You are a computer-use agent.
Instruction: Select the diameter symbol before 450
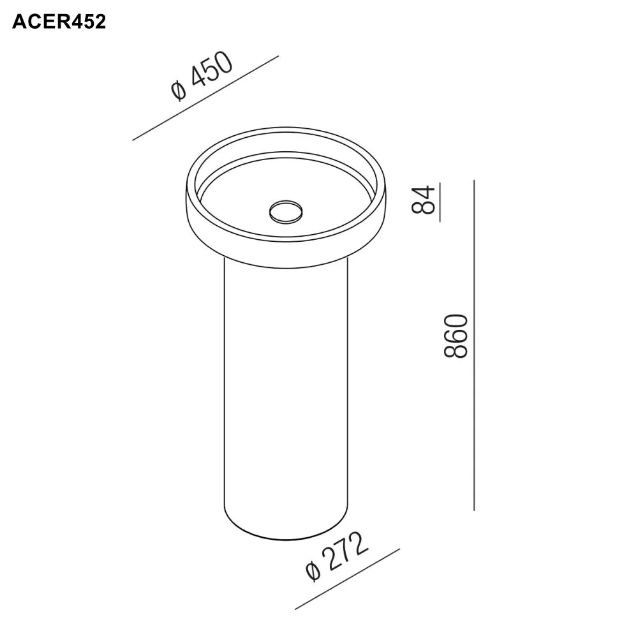coord(179,93)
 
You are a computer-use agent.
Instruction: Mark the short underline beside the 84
coord(440,201)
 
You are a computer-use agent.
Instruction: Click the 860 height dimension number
coord(457,336)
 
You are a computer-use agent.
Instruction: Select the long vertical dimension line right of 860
coord(474,345)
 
